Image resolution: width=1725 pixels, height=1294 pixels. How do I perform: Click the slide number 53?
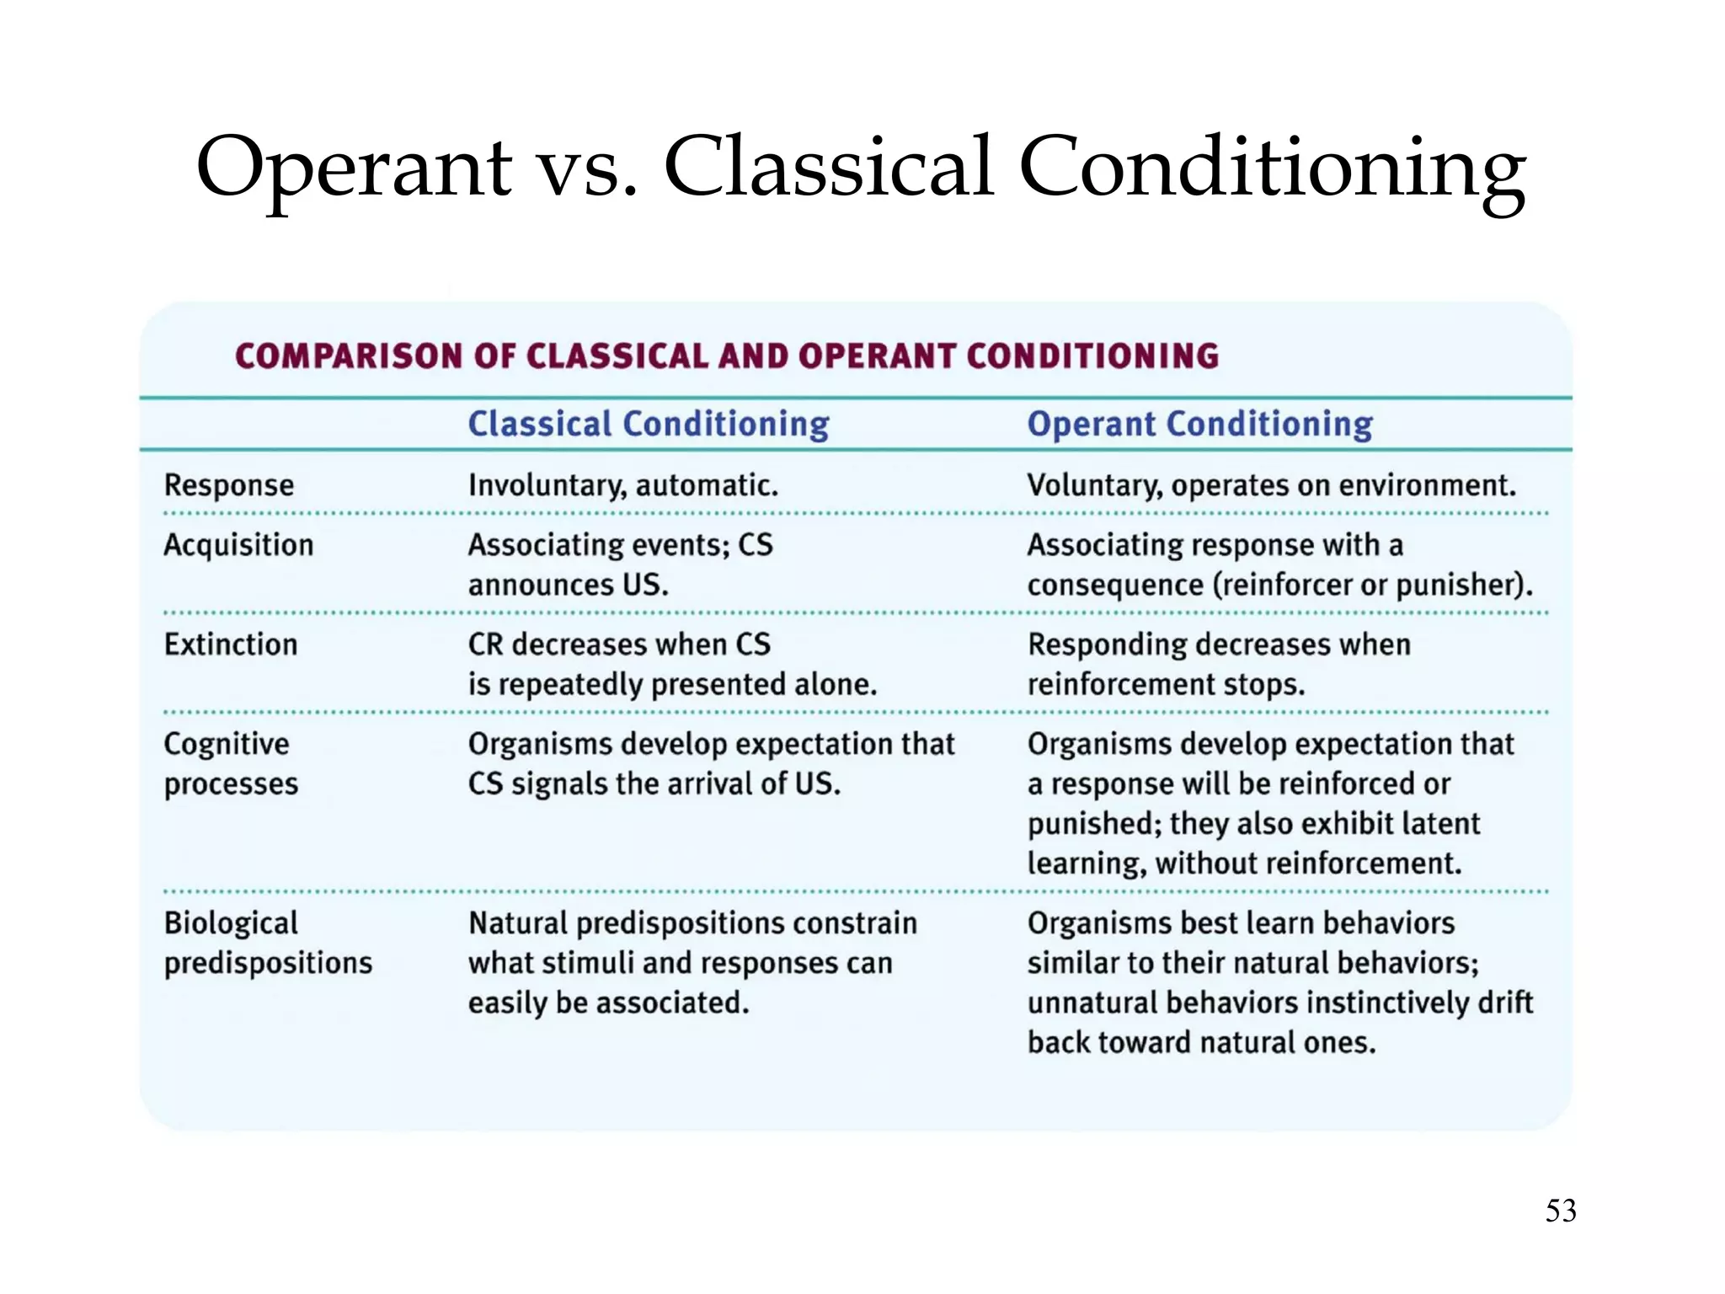click(1560, 1211)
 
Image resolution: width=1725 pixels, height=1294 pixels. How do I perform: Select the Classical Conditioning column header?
click(649, 424)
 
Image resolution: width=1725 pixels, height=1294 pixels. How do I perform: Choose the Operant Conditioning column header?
click(1199, 424)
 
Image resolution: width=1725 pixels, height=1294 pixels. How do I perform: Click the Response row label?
click(229, 485)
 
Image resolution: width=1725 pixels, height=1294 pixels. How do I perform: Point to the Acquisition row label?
click(238, 545)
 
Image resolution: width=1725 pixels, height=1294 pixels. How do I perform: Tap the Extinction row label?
click(231, 644)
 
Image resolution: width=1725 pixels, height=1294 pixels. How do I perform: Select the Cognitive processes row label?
click(231, 763)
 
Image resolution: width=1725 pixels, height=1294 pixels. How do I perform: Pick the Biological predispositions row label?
click(268, 943)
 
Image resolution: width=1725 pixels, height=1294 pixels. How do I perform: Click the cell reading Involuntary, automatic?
click(623, 485)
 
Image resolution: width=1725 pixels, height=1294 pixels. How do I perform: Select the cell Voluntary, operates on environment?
click(1271, 485)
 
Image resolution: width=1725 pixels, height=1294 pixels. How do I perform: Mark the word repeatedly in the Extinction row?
click(570, 684)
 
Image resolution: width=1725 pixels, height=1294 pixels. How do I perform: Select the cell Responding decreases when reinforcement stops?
click(1218, 664)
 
